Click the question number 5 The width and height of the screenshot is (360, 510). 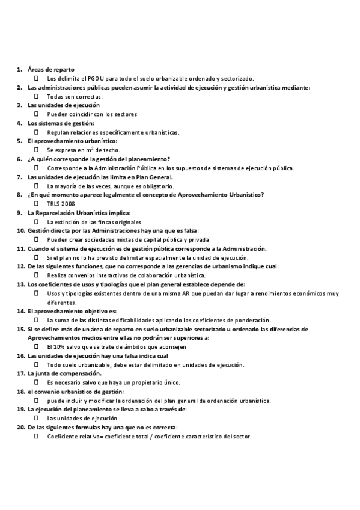(x=20, y=141)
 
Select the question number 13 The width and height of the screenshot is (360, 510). (x=20, y=284)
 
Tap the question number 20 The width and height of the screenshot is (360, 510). (x=20, y=427)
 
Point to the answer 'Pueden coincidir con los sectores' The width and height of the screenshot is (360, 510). (x=92, y=114)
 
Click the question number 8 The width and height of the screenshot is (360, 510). (x=20, y=195)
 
